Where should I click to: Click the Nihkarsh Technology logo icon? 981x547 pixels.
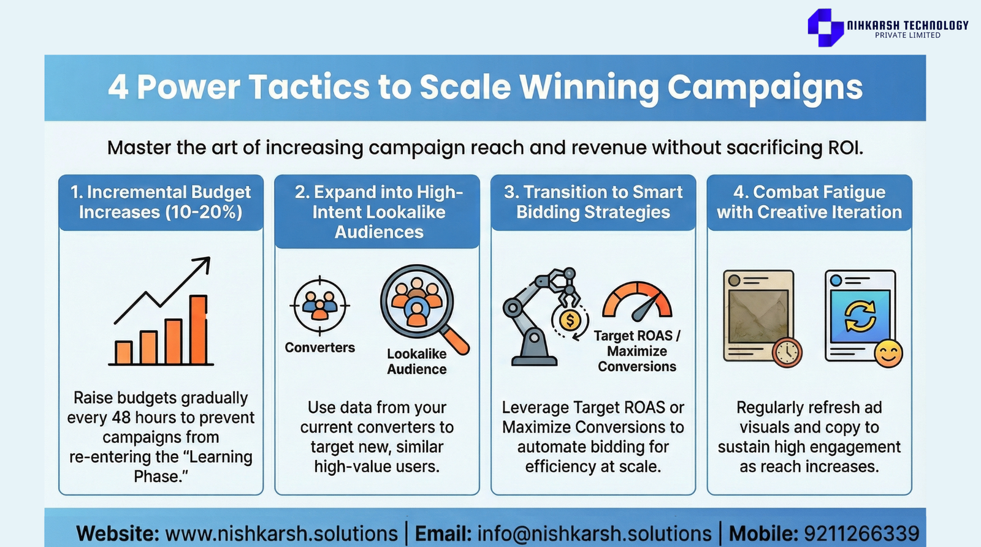click(x=825, y=27)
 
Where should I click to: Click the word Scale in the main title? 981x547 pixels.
click(x=465, y=86)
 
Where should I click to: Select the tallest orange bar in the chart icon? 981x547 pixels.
click(x=199, y=329)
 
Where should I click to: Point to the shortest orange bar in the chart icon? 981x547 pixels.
click(x=123, y=352)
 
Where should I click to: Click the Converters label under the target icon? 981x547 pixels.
click(x=319, y=347)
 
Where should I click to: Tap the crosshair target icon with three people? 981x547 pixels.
click(x=319, y=306)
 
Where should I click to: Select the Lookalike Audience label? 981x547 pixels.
click(x=417, y=361)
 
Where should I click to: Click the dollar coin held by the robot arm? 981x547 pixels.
click(x=570, y=320)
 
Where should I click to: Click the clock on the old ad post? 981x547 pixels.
click(x=787, y=352)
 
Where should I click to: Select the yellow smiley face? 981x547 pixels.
click(x=888, y=353)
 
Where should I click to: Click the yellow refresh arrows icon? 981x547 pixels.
click(x=860, y=316)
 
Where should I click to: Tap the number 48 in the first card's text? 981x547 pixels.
click(x=121, y=418)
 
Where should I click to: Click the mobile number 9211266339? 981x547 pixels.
click(x=861, y=534)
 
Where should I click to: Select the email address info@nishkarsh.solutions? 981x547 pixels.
click(x=594, y=534)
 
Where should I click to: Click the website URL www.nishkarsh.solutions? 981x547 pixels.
click(x=281, y=534)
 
